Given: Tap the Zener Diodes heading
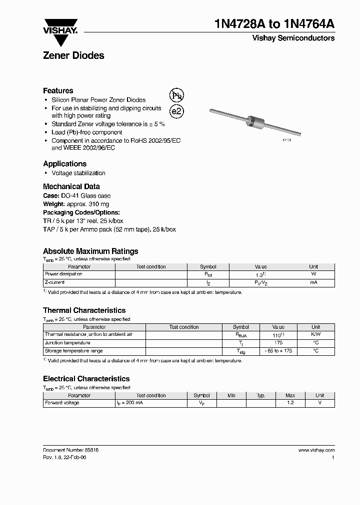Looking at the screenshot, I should tap(73, 56).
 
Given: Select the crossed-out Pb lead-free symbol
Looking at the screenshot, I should tap(176, 95).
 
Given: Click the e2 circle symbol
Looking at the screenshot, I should tap(176, 111).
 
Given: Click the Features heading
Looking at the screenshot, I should tap(58, 91).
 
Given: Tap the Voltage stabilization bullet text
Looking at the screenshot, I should tap(78, 173).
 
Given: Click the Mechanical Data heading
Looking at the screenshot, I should tap(71, 187).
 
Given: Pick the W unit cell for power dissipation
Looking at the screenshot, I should tap(313, 274).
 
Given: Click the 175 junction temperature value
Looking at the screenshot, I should tap(278, 343).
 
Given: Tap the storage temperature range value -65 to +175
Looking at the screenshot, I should tap(278, 351).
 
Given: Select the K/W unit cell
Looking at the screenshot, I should tap(315, 335).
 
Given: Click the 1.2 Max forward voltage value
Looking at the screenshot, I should tap(290, 403).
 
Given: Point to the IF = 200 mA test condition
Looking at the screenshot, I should tap(130, 403).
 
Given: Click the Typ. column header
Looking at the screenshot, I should tap(260, 395).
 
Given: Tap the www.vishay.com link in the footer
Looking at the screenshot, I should tap(316, 450).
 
